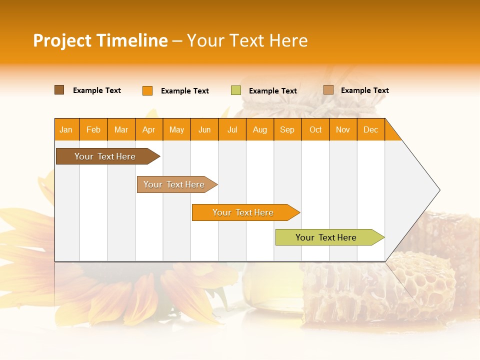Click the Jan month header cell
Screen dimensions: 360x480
66,129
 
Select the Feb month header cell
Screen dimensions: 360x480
93,129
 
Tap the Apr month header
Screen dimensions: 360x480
149,129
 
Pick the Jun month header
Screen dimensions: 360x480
204,129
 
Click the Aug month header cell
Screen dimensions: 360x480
260,129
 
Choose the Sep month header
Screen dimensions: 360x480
287,129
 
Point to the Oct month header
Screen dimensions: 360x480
315,129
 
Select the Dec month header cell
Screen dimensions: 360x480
371,129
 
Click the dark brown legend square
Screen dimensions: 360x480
59,90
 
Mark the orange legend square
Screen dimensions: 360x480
147,90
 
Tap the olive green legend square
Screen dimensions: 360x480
236,90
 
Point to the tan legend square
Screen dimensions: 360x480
328,90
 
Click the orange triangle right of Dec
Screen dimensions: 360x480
391,133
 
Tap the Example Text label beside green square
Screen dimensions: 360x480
273,91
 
